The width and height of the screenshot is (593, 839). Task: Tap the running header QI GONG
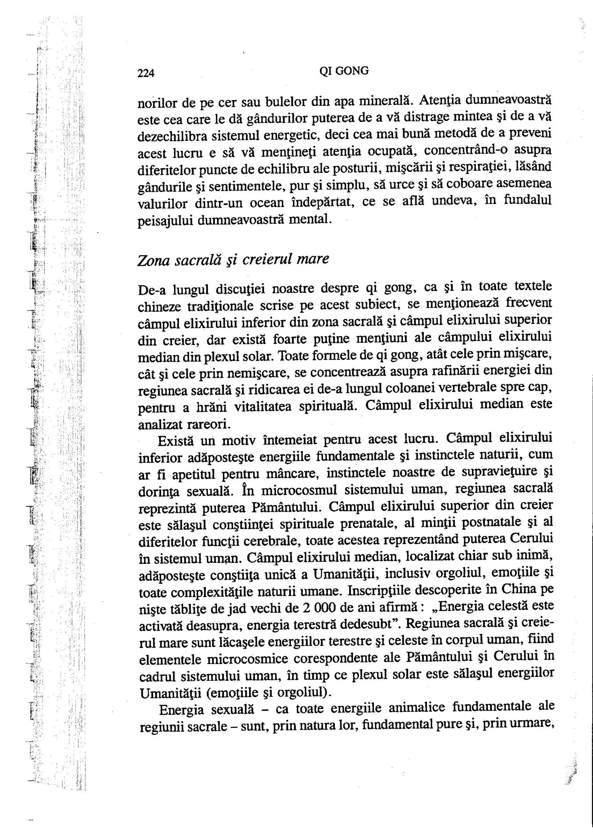point(344,71)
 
